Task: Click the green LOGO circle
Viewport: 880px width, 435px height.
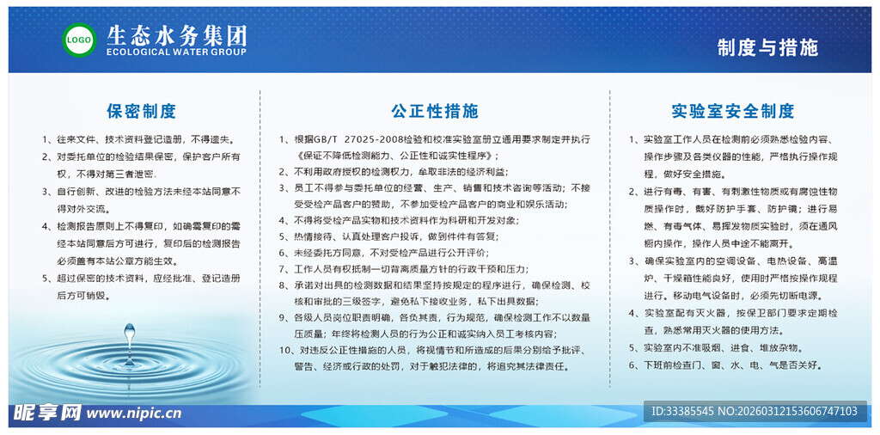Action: coord(79,40)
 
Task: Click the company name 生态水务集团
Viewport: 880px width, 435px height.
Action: coord(176,35)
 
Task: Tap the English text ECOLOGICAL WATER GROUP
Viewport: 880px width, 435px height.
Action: coord(176,52)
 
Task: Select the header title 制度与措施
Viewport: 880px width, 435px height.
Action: coord(767,47)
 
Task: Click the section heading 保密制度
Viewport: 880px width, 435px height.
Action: coord(141,111)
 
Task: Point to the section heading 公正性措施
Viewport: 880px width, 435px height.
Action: coord(434,111)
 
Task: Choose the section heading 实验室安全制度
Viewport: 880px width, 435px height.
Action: coord(732,111)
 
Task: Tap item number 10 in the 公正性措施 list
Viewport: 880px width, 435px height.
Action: coord(285,350)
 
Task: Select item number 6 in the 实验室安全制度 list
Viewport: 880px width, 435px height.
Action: coord(632,365)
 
